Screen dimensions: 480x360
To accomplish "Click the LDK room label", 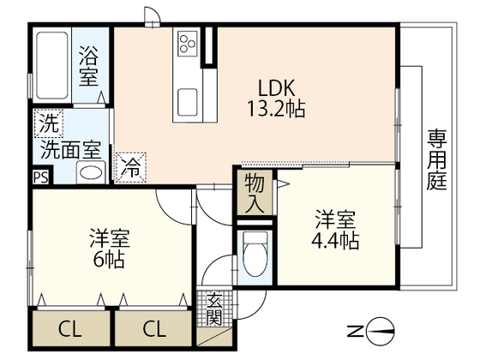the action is click(276, 87).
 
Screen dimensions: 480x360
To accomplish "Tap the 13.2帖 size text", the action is click(276, 109).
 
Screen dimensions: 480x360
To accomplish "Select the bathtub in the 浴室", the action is click(51, 65).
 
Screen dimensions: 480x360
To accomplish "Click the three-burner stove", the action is click(187, 44).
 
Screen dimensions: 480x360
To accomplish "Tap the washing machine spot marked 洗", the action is click(49, 123).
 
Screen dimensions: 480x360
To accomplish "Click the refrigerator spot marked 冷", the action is click(130, 167).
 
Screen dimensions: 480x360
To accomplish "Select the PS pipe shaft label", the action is click(41, 177).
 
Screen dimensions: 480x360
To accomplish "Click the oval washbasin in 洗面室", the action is click(91, 173).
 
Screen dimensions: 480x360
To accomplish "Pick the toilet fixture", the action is click(255, 254).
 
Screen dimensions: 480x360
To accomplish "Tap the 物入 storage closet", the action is click(255, 193).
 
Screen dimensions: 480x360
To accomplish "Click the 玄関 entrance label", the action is click(213, 309).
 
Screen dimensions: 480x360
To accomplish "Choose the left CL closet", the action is click(70, 329).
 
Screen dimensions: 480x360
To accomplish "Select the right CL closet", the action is click(154, 329).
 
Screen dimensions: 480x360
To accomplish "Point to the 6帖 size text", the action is click(110, 260).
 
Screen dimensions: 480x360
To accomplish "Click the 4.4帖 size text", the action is click(335, 241).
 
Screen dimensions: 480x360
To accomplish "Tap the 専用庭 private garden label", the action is click(437, 159).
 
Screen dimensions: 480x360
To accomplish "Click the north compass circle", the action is click(380, 332).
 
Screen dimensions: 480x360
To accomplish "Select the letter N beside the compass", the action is click(355, 332).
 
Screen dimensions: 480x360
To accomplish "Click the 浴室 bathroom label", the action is click(89, 65).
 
